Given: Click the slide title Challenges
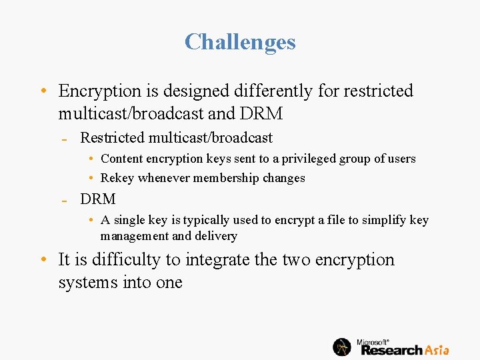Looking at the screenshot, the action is coord(240,42).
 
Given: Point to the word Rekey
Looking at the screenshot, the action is coord(117,178).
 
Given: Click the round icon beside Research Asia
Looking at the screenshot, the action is coord(342,347).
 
